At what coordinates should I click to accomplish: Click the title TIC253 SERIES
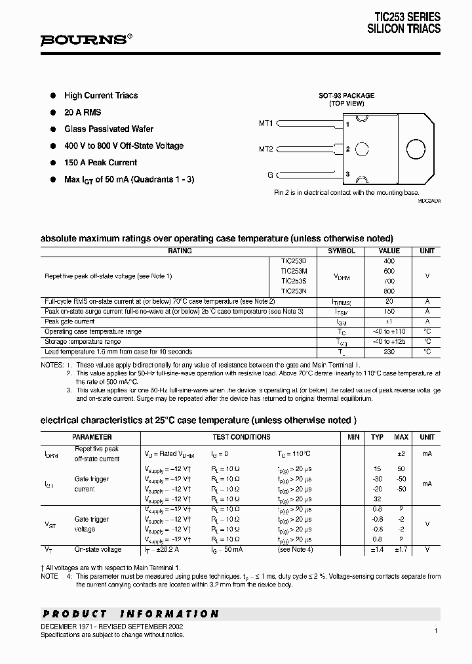click(407, 17)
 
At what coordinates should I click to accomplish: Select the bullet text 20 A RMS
click(83, 112)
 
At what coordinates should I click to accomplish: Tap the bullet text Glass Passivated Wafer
click(109, 129)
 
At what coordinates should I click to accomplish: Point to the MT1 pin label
click(265, 123)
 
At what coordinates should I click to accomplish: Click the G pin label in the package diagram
click(269, 175)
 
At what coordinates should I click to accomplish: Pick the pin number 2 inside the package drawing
click(348, 149)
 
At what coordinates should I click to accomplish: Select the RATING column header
click(180, 251)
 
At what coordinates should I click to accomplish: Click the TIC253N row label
click(293, 291)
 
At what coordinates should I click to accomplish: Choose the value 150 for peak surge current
click(389, 312)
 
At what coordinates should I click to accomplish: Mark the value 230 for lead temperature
click(389, 352)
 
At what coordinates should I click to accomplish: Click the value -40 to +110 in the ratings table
click(389, 332)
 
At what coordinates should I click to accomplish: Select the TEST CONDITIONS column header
click(241, 437)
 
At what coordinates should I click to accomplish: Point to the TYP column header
click(377, 437)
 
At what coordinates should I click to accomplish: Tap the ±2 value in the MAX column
click(401, 453)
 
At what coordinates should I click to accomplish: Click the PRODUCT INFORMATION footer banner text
click(130, 614)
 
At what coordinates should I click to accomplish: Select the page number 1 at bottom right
click(435, 631)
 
